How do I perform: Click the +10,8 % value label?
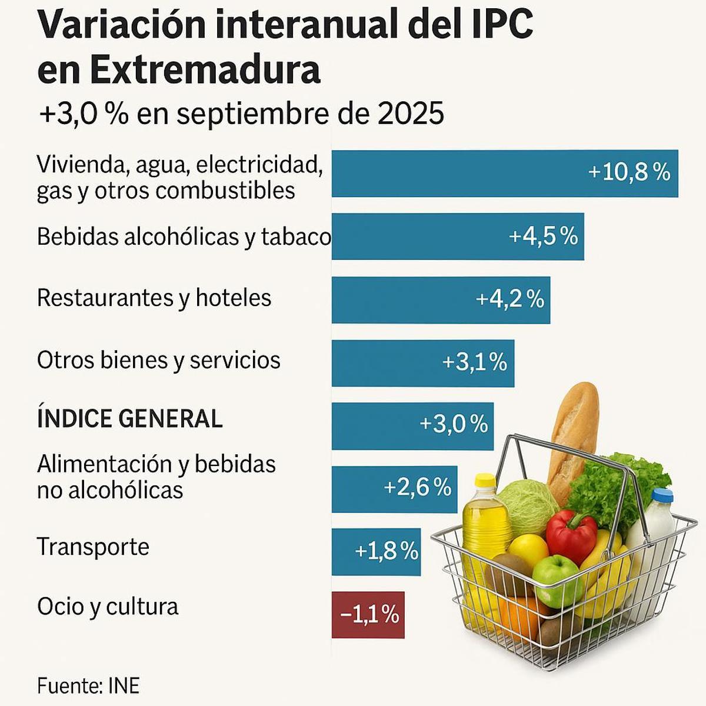point(629,172)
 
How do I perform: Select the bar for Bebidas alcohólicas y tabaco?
point(457,236)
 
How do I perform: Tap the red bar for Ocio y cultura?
point(368,615)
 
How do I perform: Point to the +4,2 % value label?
point(509,299)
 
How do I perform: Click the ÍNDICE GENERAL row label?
point(129,419)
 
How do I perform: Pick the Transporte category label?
point(93,547)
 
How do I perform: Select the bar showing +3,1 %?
point(422,363)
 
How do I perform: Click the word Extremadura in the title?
point(205,70)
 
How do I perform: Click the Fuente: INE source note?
point(88,686)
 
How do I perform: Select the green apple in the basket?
point(556,580)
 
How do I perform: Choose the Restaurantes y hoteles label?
point(154,298)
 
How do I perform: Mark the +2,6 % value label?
point(417,487)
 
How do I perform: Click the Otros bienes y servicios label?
point(158,360)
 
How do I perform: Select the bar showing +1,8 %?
point(375,551)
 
